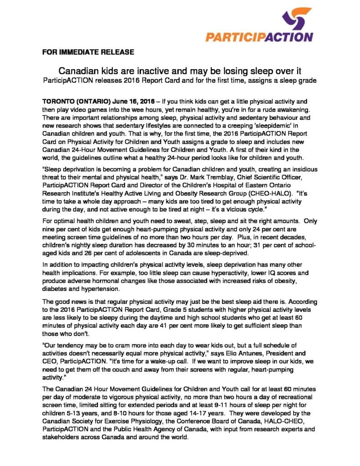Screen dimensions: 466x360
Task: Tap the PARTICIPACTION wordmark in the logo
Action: pos(259,37)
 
